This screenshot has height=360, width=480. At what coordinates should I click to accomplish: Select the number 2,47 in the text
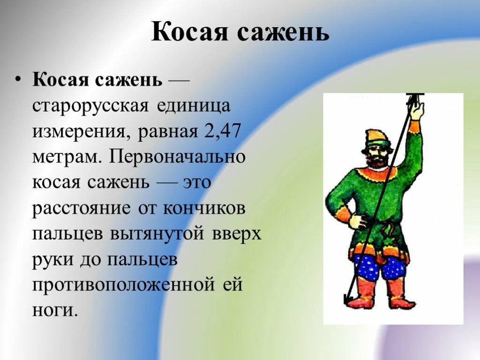click(x=222, y=131)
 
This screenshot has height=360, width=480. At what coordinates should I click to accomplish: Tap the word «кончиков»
click(x=204, y=209)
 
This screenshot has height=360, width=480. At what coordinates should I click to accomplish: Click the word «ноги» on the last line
click(x=53, y=310)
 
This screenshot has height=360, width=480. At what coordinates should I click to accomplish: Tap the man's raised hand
click(x=416, y=111)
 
